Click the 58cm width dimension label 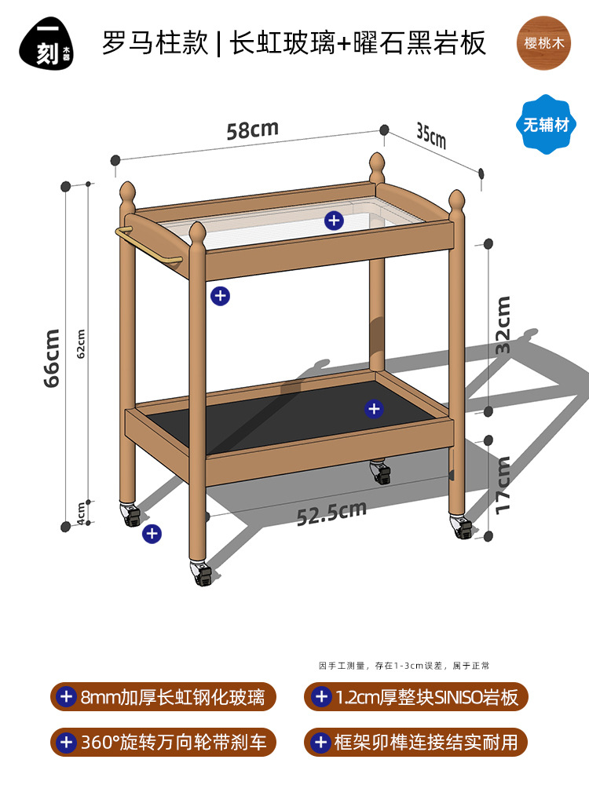[252, 130]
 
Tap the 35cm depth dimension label [431, 137]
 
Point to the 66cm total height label [53, 357]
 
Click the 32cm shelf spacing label [503, 323]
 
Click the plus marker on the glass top [335, 221]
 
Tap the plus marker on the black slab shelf [374, 408]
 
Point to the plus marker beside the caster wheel [152, 534]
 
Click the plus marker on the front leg [221, 296]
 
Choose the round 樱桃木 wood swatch [545, 43]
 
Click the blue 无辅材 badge [545, 124]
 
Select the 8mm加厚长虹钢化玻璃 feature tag [163, 696]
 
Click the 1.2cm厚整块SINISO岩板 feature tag [415, 696]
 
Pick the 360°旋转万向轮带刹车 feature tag [163, 741]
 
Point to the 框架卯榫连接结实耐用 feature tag [415, 741]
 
